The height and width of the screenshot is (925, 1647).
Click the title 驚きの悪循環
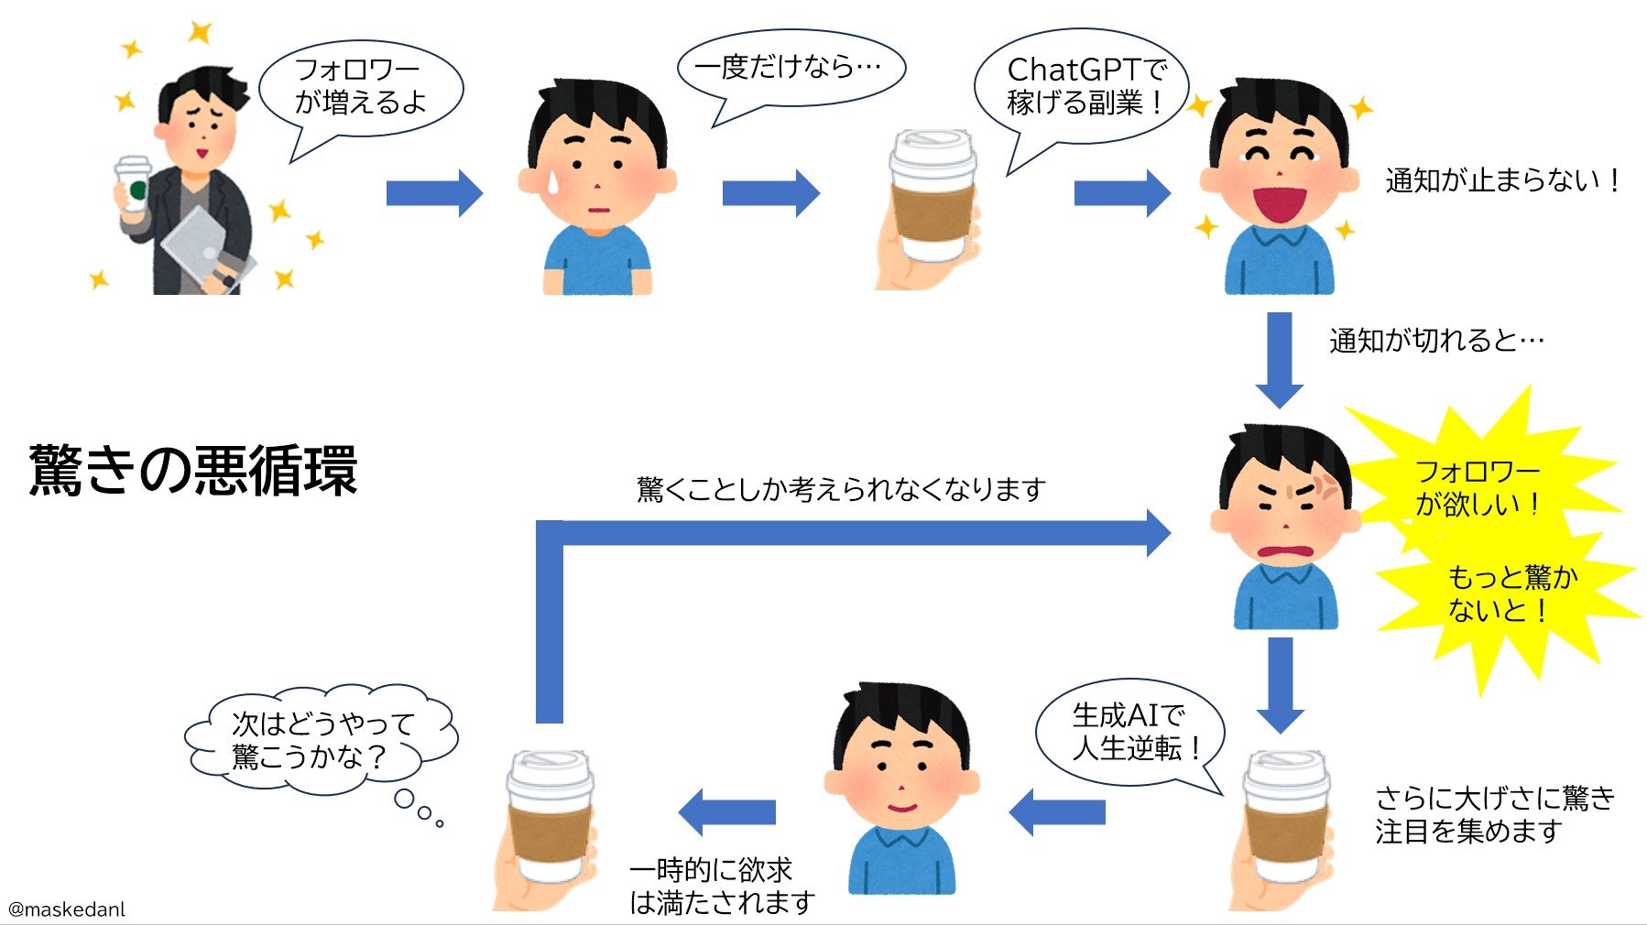(x=193, y=471)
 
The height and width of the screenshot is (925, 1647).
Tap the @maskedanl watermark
(x=66, y=909)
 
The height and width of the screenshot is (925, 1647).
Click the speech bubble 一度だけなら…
(x=790, y=69)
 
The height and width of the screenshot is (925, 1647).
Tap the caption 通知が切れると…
(x=1435, y=341)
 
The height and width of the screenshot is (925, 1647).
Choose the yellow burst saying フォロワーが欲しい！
(x=1477, y=487)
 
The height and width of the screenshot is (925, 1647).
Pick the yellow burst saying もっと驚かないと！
(x=1511, y=593)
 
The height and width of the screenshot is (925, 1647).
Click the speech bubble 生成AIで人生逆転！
(x=1131, y=731)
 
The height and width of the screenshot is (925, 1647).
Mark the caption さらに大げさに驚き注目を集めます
(x=1493, y=814)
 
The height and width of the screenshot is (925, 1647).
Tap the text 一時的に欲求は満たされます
(x=721, y=886)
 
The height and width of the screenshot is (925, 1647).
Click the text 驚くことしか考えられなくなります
(x=841, y=489)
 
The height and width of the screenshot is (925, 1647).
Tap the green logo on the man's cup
(x=137, y=190)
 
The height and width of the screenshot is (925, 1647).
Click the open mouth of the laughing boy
(x=1280, y=202)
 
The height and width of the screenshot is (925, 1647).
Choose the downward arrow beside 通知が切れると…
(x=1279, y=359)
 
